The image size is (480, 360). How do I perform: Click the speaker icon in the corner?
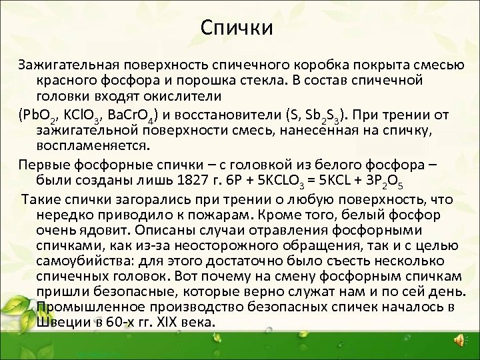(x=458, y=340)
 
